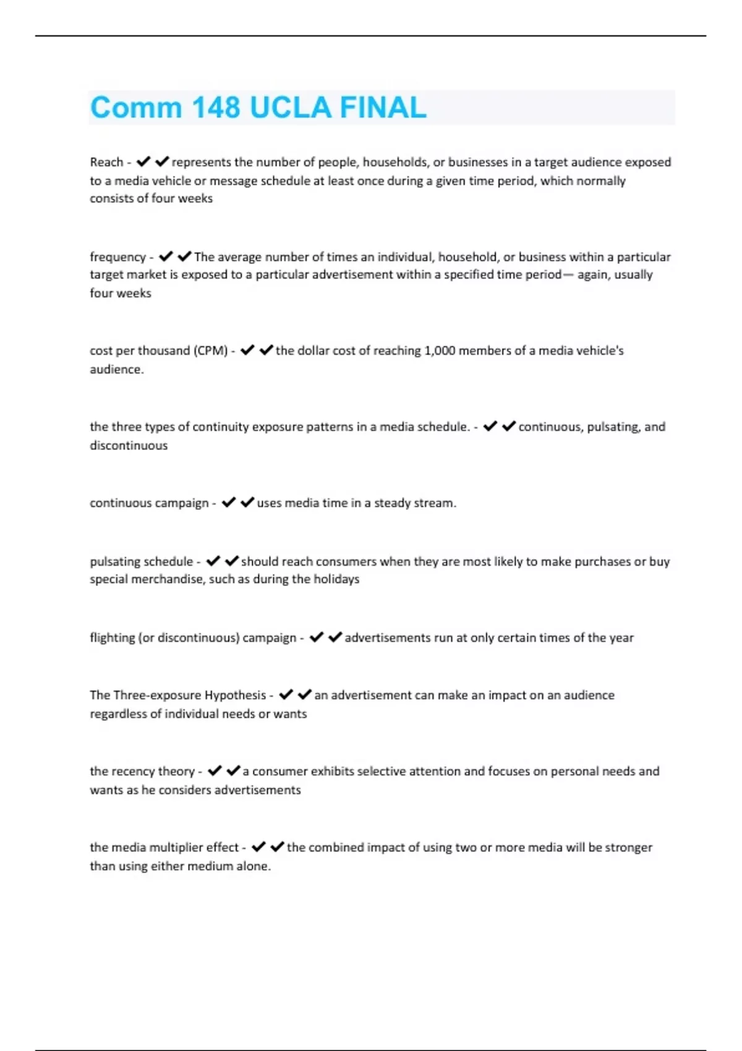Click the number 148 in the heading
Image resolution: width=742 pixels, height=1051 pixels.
[x=216, y=108]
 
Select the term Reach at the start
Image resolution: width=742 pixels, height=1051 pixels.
[x=106, y=162]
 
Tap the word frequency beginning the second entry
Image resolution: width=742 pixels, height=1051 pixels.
[x=117, y=257]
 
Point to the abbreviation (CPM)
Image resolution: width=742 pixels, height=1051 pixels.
[x=211, y=351]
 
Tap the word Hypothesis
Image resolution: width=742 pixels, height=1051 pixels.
[x=235, y=695]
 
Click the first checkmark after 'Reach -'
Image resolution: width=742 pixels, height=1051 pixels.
[x=143, y=162]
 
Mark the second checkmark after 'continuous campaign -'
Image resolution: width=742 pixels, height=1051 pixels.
[x=247, y=503]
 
